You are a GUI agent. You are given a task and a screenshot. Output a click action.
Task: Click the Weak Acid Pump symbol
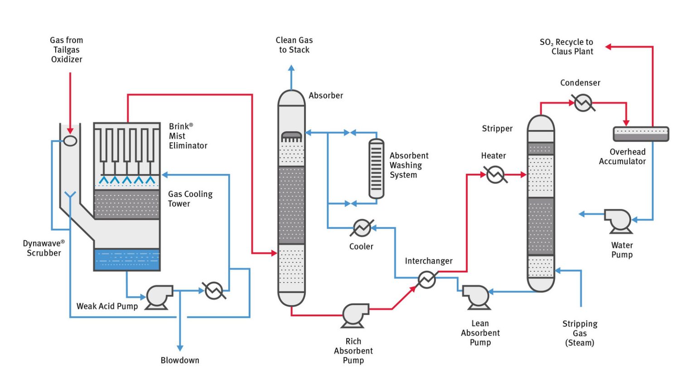click(159, 297)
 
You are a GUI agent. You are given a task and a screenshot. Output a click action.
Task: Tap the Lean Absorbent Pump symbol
click(476, 297)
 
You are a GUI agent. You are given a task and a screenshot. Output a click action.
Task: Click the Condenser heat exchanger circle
click(583, 103)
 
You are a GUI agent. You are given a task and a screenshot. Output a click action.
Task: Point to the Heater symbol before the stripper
click(495, 174)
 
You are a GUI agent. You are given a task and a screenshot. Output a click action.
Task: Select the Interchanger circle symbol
click(426, 279)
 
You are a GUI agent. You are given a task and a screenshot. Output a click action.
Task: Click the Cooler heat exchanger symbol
click(362, 228)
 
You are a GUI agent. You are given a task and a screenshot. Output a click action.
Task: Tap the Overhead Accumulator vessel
click(641, 134)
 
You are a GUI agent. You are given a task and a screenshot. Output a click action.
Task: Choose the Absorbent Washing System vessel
click(376, 169)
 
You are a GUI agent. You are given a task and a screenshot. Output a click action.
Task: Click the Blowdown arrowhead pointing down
click(180, 348)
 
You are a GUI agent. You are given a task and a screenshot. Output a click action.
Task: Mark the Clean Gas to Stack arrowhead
click(291, 68)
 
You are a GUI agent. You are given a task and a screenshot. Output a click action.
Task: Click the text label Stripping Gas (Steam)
click(580, 333)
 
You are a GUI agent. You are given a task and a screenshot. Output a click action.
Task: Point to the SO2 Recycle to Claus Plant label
click(566, 47)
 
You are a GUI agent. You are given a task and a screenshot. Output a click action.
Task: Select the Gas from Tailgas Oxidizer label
click(67, 49)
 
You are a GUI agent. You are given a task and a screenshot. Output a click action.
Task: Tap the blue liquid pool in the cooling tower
click(127, 260)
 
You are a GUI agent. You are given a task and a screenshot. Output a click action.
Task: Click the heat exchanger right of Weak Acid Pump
click(214, 290)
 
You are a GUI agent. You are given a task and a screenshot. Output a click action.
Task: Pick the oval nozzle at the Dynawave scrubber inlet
click(70, 141)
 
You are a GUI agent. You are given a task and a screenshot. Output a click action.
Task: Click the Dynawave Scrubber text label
click(44, 248)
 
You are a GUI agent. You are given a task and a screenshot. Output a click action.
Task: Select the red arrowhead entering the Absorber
click(274, 253)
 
